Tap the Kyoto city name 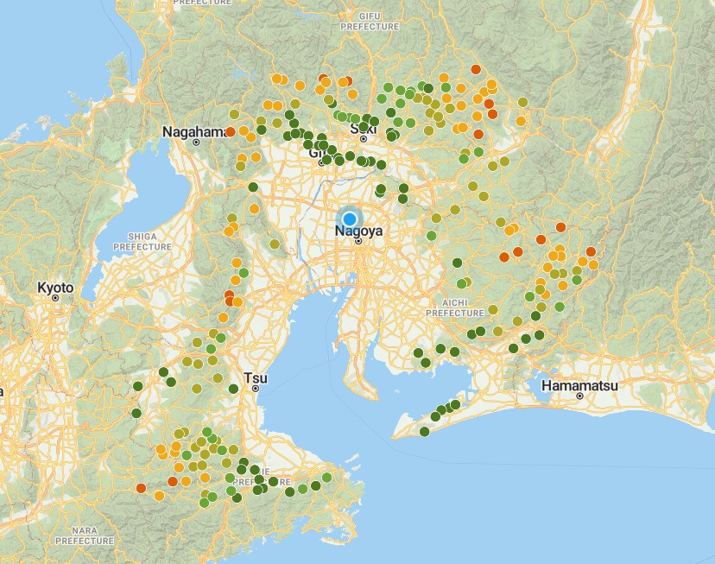(55, 288)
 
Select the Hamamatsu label (579, 385)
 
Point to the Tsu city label (255, 377)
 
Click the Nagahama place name (195, 132)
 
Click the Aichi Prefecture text (455, 307)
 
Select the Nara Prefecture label (85, 535)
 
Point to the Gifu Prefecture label (370, 21)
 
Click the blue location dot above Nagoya (350, 219)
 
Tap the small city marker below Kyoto (55, 298)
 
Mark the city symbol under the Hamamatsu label (580, 396)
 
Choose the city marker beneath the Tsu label (255, 389)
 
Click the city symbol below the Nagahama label (196, 143)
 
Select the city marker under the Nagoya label (358, 241)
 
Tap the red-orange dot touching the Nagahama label (230, 132)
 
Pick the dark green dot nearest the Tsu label (233, 389)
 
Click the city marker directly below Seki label (364, 138)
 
